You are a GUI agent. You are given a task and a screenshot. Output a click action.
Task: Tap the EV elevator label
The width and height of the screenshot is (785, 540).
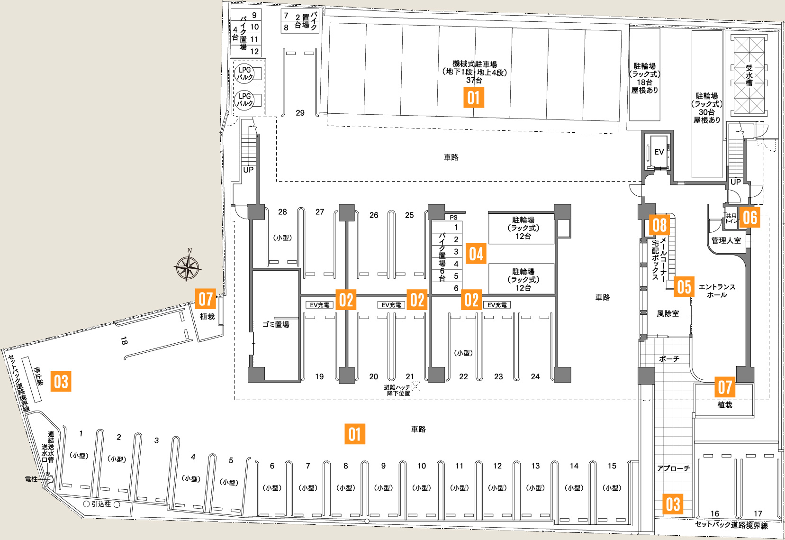coord(659,152)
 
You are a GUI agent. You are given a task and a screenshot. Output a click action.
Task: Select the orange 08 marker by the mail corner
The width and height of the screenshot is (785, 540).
coord(659,225)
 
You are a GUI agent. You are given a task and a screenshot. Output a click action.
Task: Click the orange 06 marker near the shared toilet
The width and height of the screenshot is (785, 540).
coord(750,217)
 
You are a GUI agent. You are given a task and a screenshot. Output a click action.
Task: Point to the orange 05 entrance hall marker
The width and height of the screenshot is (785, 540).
coord(684,287)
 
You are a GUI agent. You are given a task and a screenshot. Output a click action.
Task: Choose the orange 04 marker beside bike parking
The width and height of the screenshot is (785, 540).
coord(476,254)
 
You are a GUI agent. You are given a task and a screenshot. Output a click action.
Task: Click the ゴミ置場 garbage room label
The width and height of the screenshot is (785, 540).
coord(276,325)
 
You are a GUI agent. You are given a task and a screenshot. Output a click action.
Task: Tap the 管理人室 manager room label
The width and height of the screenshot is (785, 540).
coord(726,241)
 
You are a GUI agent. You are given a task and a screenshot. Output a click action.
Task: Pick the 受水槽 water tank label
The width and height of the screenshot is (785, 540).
coord(749,76)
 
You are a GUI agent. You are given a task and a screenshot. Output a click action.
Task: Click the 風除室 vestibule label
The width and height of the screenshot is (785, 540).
coord(668,314)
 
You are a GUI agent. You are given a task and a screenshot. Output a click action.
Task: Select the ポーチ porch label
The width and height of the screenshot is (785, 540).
coord(669,359)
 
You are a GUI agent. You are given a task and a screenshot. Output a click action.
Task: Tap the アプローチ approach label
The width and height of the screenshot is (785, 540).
coord(673,468)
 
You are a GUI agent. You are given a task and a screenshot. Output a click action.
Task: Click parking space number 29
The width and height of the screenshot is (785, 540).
coord(300,113)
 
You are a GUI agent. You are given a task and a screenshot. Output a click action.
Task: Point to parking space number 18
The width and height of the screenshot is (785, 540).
coord(124,341)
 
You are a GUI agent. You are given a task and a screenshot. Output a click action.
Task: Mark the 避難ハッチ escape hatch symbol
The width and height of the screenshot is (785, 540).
coord(415,387)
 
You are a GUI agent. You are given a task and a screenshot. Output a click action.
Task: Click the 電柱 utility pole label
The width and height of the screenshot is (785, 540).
coord(31,479)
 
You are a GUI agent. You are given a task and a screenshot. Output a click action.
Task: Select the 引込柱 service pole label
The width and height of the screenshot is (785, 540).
coord(101,504)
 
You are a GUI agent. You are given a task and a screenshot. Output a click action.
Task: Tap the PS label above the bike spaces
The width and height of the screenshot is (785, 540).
coord(453,218)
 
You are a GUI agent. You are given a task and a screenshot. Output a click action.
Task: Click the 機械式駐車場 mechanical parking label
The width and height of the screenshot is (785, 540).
coord(474,64)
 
